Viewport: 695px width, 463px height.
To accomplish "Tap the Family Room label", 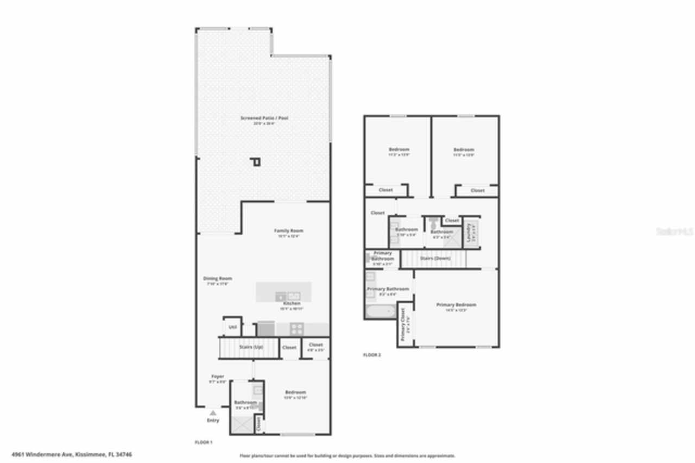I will (288, 231).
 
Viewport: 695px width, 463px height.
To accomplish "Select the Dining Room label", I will (218, 279).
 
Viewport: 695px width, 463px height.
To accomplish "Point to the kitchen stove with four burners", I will (296, 328).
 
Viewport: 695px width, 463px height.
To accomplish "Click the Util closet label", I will (232, 327).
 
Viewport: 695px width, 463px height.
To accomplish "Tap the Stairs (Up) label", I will (251, 347).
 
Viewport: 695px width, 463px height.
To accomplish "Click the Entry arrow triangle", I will (213, 414).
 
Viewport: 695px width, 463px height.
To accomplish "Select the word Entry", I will (213, 421).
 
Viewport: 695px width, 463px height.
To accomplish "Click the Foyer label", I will (218, 377).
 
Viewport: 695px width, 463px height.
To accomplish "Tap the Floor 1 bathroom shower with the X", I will (242, 423).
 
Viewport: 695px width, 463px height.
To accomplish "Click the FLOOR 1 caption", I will (204, 443).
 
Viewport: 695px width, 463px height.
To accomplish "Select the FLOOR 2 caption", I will (372, 355).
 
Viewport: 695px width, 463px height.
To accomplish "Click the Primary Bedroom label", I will (456, 305).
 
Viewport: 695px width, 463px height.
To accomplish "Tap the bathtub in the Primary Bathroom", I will (381, 311).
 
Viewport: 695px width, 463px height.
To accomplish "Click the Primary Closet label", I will (403, 325).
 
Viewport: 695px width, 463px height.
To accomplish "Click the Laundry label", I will (467, 233).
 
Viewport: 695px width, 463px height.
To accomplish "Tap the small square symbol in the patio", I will (256, 162).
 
